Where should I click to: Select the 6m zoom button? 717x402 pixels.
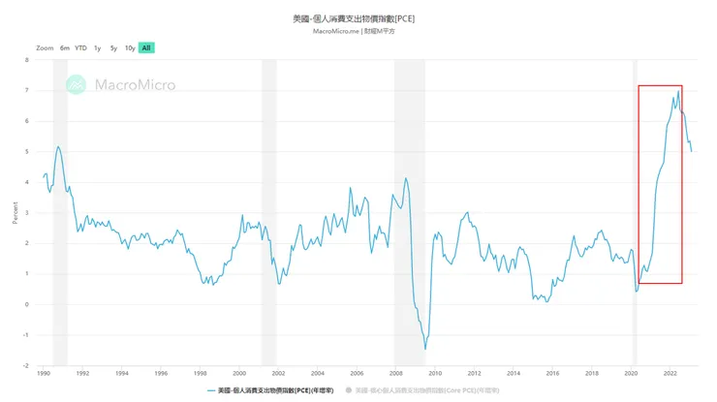click(x=64, y=47)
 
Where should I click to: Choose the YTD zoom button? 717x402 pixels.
click(x=80, y=47)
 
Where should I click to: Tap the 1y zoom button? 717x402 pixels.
click(x=98, y=47)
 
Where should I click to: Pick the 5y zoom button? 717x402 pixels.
click(x=113, y=47)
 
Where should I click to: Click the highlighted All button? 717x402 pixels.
click(x=145, y=47)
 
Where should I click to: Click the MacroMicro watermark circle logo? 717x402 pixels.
click(x=76, y=85)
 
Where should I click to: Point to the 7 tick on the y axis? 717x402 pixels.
click(x=26, y=90)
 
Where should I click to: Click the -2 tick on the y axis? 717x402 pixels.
click(x=25, y=366)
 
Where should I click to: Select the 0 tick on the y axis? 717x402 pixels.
click(x=26, y=304)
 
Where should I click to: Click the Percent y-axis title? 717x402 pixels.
click(x=16, y=213)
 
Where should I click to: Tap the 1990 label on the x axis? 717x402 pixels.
click(x=44, y=373)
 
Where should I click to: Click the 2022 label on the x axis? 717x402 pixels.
click(x=670, y=373)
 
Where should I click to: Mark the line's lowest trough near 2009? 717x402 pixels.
click(x=425, y=349)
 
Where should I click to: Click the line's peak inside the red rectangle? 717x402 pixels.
click(x=678, y=91)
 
